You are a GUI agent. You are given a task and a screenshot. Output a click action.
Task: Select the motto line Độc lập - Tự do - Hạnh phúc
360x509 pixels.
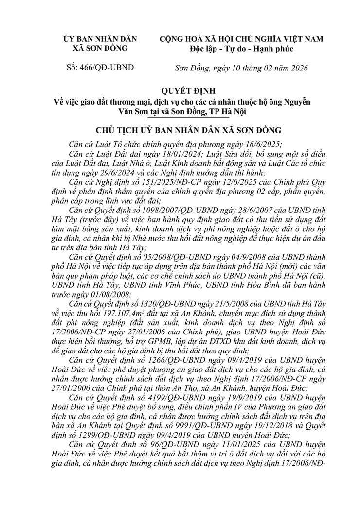(x=241, y=48)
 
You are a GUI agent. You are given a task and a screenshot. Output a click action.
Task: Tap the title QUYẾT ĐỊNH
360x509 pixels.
(x=180, y=91)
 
